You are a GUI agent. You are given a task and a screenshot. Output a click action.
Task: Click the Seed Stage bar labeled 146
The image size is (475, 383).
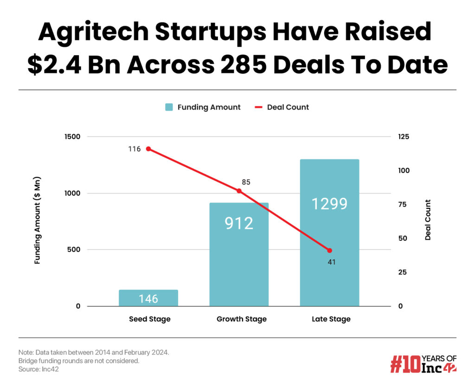(148, 298)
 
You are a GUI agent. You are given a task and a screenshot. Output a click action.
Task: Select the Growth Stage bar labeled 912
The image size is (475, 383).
(239, 254)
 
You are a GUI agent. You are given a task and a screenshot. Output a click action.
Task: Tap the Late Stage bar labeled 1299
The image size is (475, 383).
(329, 233)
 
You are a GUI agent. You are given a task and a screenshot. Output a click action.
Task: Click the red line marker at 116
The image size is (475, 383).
(148, 149)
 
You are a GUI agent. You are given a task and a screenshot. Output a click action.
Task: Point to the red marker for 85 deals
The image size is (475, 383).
(239, 191)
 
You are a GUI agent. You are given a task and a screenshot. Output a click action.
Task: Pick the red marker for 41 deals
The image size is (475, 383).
(330, 251)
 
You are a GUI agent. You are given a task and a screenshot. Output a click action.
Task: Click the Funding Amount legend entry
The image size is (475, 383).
(203, 107)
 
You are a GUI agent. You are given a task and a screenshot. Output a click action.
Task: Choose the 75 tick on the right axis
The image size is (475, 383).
(402, 204)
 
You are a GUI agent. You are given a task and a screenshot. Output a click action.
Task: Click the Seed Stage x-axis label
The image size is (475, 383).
(149, 319)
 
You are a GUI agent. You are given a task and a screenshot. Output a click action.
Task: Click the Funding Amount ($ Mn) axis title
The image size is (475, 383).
(38, 221)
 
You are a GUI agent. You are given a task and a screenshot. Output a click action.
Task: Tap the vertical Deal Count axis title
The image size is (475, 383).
(428, 220)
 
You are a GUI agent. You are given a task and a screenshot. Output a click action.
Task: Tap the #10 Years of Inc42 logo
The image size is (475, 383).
(423, 364)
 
